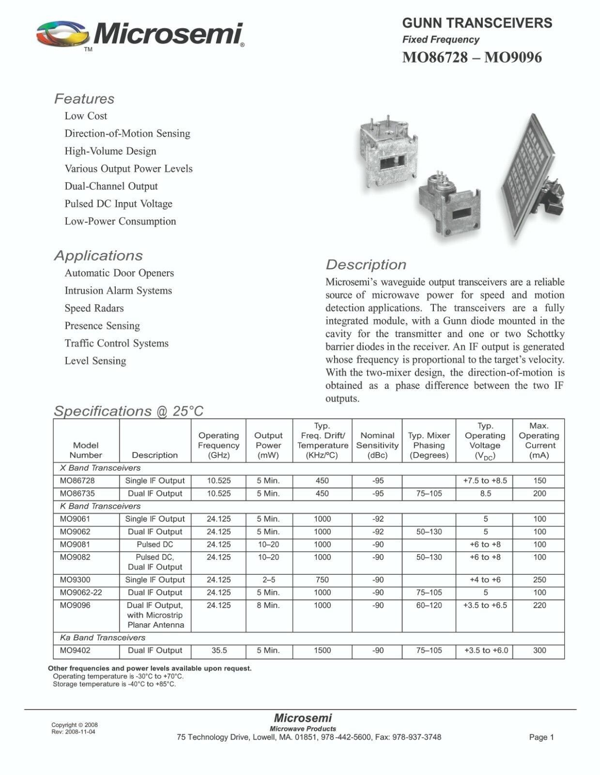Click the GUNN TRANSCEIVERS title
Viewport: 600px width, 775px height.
point(477,23)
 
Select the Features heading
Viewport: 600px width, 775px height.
point(84,99)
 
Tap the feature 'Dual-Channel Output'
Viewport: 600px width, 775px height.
point(111,186)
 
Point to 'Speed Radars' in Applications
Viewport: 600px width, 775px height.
point(94,309)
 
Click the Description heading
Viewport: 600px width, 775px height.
point(366,265)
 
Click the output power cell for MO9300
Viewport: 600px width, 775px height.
point(268,580)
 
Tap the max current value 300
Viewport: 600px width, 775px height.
point(539,651)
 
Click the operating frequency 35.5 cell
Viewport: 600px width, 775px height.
point(219,651)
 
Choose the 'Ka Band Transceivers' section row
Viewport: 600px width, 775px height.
point(103,638)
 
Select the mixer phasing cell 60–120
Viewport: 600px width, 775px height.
point(429,605)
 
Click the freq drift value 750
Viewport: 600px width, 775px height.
point(322,580)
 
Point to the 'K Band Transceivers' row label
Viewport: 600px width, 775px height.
point(100,506)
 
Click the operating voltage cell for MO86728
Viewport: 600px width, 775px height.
point(485,481)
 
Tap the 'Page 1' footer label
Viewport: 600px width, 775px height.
point(541,737)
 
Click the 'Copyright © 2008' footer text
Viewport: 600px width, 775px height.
point(75,725)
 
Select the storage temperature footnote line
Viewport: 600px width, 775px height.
point(114,684)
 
